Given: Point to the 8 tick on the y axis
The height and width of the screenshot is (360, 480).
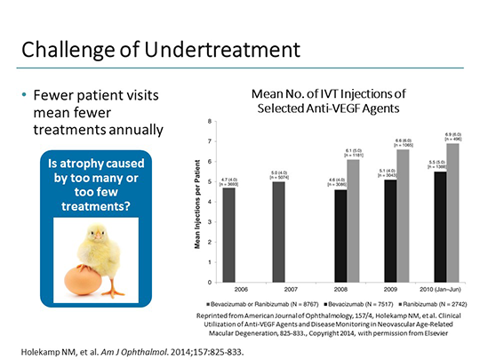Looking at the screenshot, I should [210, 122].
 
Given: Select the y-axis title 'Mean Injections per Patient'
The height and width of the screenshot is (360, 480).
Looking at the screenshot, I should [196, 203].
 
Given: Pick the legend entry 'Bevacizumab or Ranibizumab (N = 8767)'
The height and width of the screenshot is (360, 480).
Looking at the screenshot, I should [258, 303].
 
